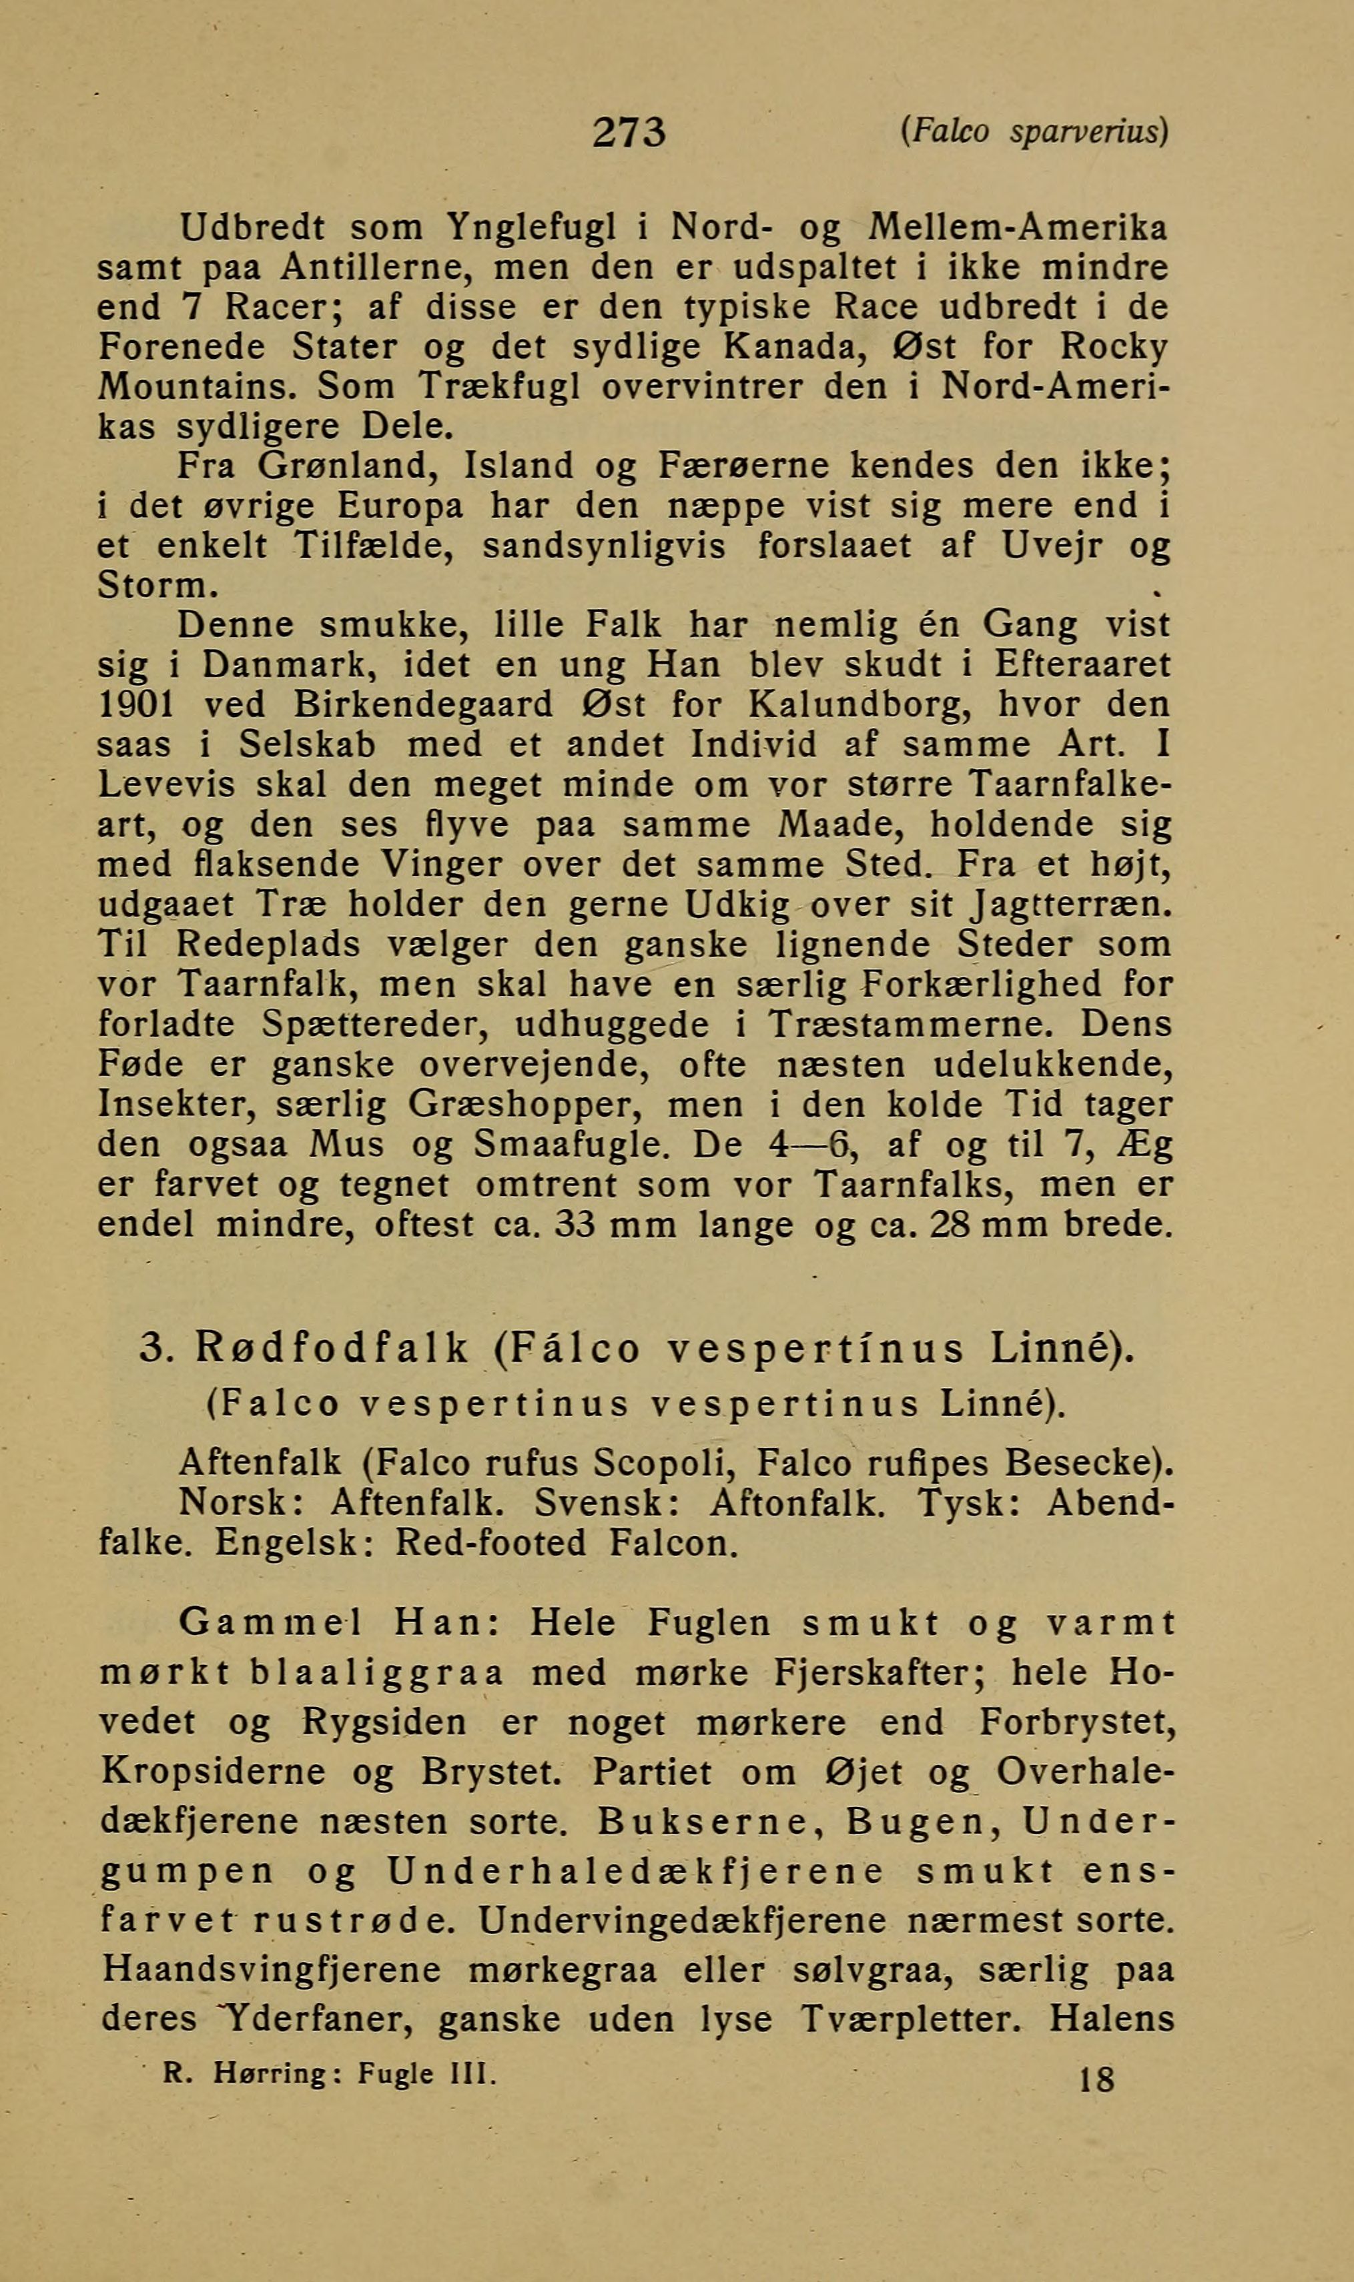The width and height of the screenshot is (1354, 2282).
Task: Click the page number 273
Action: [x=629, y=133]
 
